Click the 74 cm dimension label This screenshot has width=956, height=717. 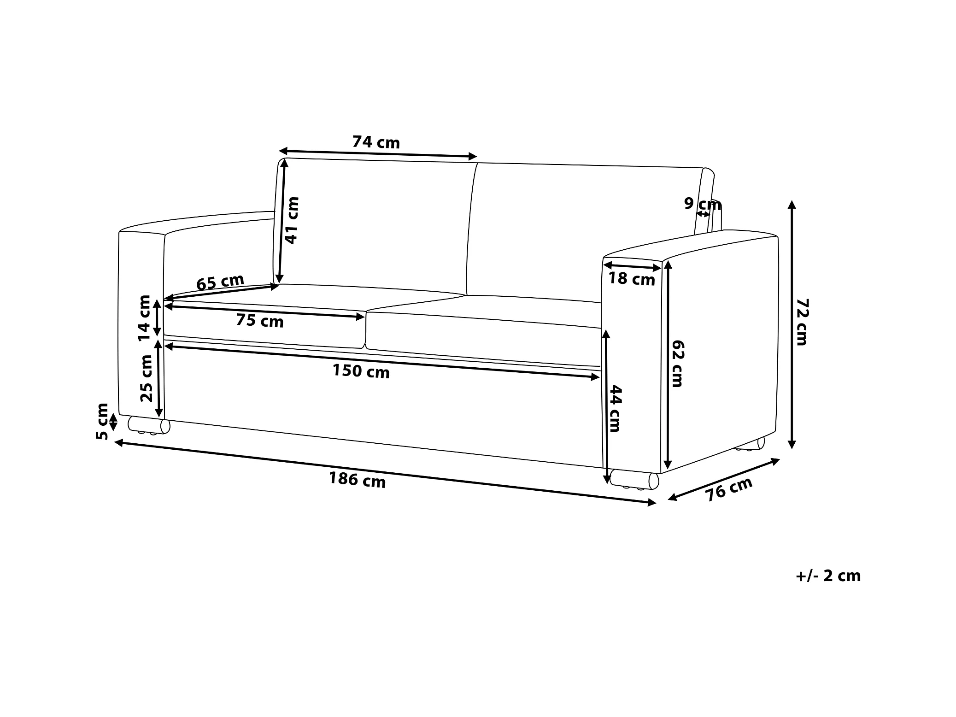coord(376,142)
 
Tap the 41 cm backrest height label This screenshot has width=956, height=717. coord(292,220)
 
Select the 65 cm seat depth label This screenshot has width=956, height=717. coord(220,282)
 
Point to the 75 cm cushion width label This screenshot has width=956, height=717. coord(260,320)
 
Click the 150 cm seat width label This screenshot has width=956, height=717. coord(361,371)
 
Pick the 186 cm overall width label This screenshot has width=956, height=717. coord(357,480)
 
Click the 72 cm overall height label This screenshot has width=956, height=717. coord(802,322)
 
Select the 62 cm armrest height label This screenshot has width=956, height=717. coord(677,363)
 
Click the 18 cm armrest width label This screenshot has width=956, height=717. coord(632,279)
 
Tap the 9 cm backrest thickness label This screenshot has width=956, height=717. coord(702,203)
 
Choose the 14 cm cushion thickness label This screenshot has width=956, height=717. coord(145,317)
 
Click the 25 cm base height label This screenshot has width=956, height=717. coord(146,378)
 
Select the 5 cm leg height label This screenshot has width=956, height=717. coord(102,421)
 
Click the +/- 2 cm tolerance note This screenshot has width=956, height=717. coord(828,576)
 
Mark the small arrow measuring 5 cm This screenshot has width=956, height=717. coord(114,422)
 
